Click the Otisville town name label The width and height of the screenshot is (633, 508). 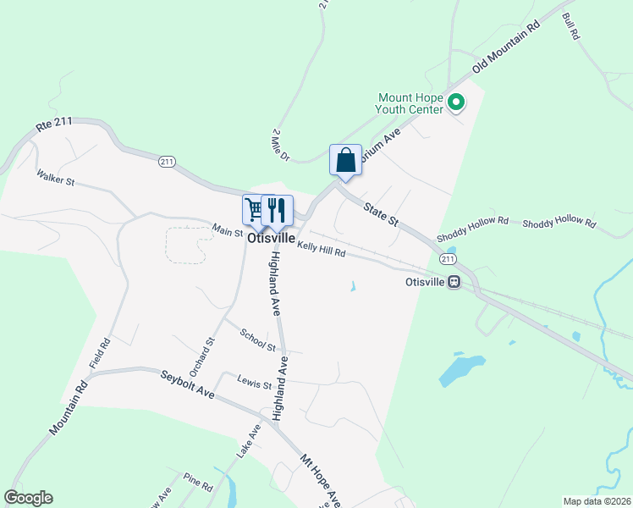point(272,240)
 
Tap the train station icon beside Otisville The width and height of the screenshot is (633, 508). point(454,282)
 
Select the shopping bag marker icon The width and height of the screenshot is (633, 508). point(345,159)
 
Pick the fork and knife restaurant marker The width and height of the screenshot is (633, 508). point(277,209)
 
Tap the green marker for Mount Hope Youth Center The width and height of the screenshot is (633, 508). point(456,103)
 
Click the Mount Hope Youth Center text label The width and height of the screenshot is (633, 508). point(410,103)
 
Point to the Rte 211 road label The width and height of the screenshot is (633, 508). point(55,124)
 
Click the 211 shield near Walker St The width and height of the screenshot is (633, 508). point(167,161)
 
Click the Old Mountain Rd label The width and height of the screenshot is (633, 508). point(507,52)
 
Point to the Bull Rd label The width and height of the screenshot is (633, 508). point(570,26)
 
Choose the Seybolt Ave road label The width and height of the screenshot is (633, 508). point(188,383)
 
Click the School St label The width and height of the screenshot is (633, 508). point(258,340)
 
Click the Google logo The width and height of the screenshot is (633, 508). point(28,498)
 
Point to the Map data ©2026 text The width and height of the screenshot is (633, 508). point(597,501)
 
